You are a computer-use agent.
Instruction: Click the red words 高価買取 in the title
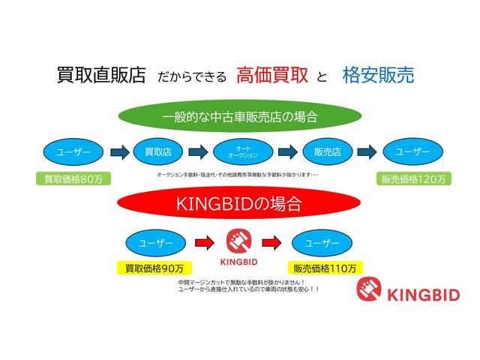point(271,76)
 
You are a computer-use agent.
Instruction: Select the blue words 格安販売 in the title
point(377,76)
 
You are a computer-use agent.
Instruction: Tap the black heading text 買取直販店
point(101,76)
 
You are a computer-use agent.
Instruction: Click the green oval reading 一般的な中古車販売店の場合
point(239,117)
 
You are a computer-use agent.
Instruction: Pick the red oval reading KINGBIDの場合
point(239,202)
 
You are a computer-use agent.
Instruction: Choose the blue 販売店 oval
point(326,153)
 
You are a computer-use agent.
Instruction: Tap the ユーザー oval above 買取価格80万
point(73,152)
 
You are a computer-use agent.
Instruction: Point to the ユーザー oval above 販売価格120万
point(411,152)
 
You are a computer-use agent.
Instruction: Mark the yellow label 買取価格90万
point(154,268)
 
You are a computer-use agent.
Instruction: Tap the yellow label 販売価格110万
point(325,268)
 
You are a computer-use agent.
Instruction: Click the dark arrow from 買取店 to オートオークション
point(199,153)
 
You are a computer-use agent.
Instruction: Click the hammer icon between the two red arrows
point(240,241)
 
